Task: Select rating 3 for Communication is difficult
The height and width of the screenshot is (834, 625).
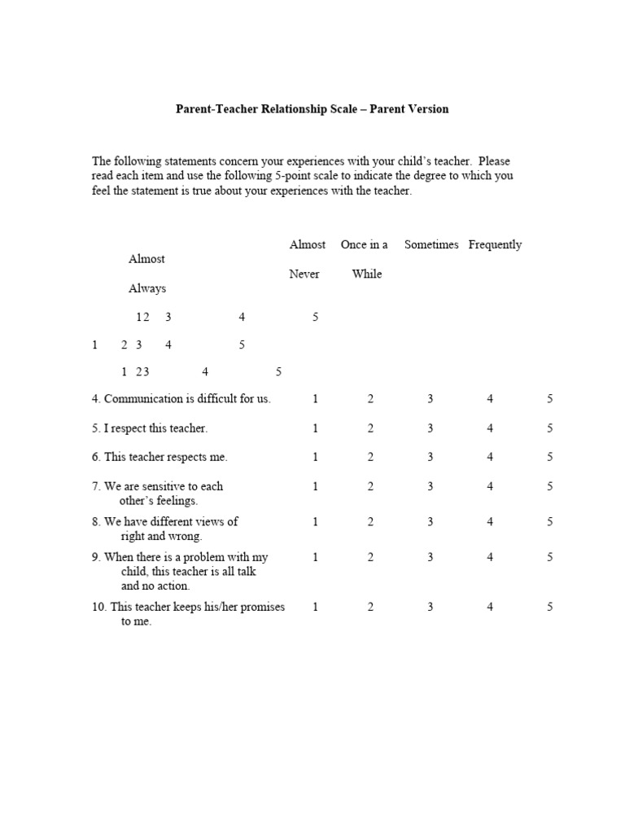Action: (x=430, y=399)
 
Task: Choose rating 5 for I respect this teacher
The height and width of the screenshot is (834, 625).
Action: (x=550, y=428)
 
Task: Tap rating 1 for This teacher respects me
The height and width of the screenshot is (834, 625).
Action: (x=315, y=457)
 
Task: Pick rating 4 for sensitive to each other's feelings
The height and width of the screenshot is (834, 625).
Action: (x=490, y=486)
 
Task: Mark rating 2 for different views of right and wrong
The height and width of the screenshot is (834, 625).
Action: (x=370, y=522)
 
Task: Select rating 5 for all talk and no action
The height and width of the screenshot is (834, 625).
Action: (x=550, y=557)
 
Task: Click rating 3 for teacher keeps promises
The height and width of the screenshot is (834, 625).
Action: (x=430, y=607)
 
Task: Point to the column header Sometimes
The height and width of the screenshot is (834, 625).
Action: (x=431, y=244)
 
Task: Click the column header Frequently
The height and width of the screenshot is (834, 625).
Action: (x=495, y=244)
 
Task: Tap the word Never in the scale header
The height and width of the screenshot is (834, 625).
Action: (x=304, y=274)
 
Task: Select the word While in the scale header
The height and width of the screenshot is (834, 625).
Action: (x=367, y=274)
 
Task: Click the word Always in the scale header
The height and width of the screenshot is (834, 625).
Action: (x=147, y=288)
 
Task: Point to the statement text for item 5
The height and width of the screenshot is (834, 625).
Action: (x=150, y=428)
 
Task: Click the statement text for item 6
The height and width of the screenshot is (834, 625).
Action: (x=160, y=457)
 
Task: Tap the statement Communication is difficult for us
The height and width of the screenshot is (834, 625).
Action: (x=181, y=399)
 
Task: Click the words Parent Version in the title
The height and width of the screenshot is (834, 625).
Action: (x=409, y=108)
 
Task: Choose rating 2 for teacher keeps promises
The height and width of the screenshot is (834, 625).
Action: (x=370, y=607)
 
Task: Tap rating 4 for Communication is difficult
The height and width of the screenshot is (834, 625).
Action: (x=490, y=399)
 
